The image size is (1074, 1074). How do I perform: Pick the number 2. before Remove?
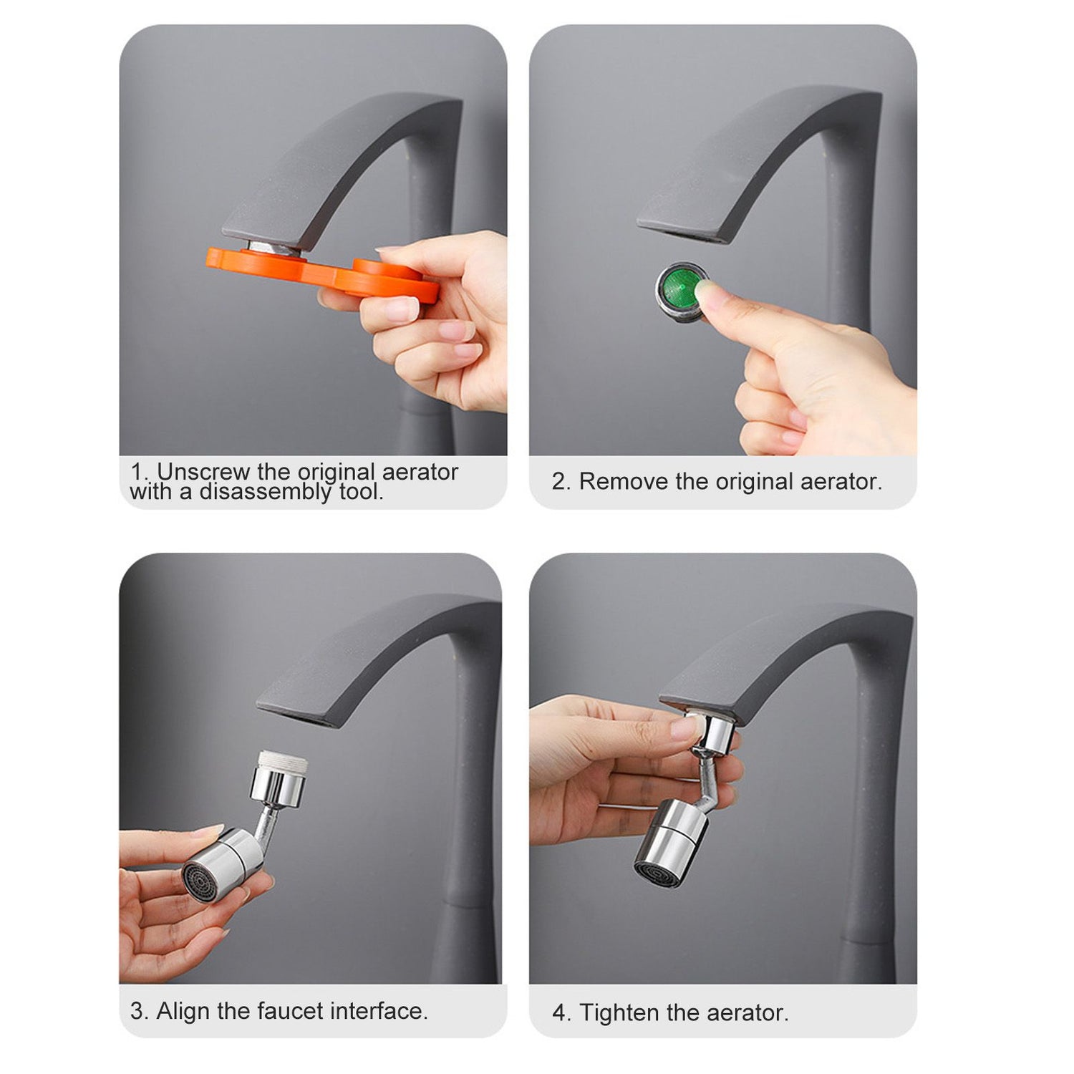(x=561, y=481)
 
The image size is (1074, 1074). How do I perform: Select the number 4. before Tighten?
(x=561, y=1013)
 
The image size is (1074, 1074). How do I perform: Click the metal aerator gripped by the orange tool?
(x=276, y=248)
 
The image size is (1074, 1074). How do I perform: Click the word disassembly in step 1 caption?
(x=266, y=492)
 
